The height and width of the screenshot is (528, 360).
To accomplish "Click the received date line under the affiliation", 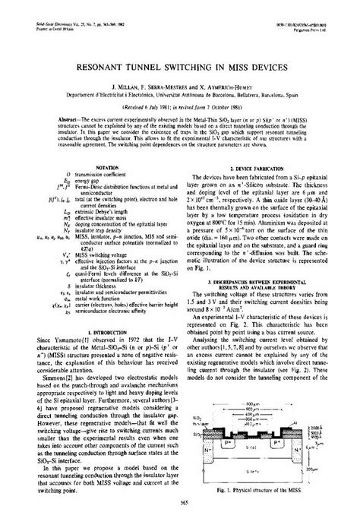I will [x=180, y=107].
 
